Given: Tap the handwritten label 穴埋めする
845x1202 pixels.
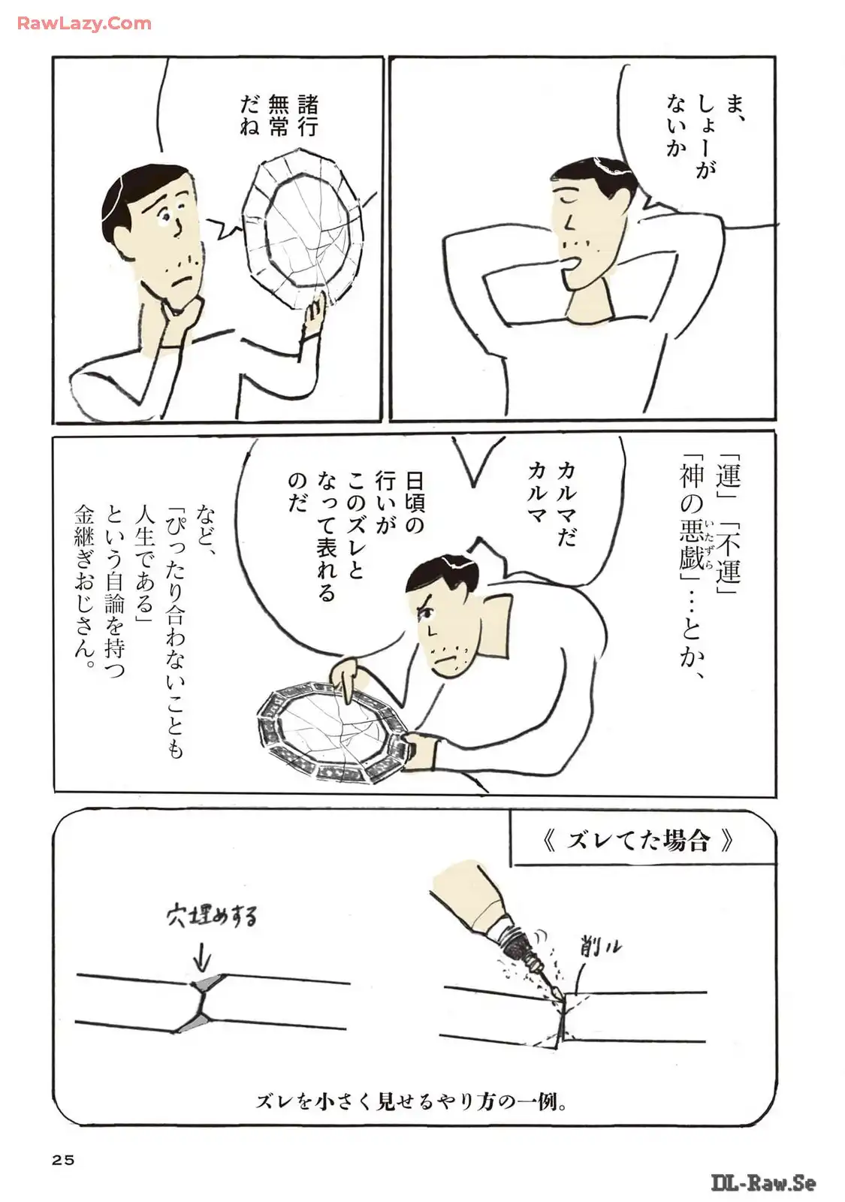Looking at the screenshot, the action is [x=211, y=917].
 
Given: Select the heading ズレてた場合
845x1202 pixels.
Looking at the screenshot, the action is [x=638, y=840].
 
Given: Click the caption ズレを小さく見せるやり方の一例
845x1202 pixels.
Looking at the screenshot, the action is [x=412, y=1102].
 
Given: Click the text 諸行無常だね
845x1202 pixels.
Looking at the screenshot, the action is [x=279, y=115].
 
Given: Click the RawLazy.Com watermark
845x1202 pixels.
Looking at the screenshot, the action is [x=84, y=23].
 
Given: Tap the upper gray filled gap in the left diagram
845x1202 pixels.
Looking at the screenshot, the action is [x=206, y=983].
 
